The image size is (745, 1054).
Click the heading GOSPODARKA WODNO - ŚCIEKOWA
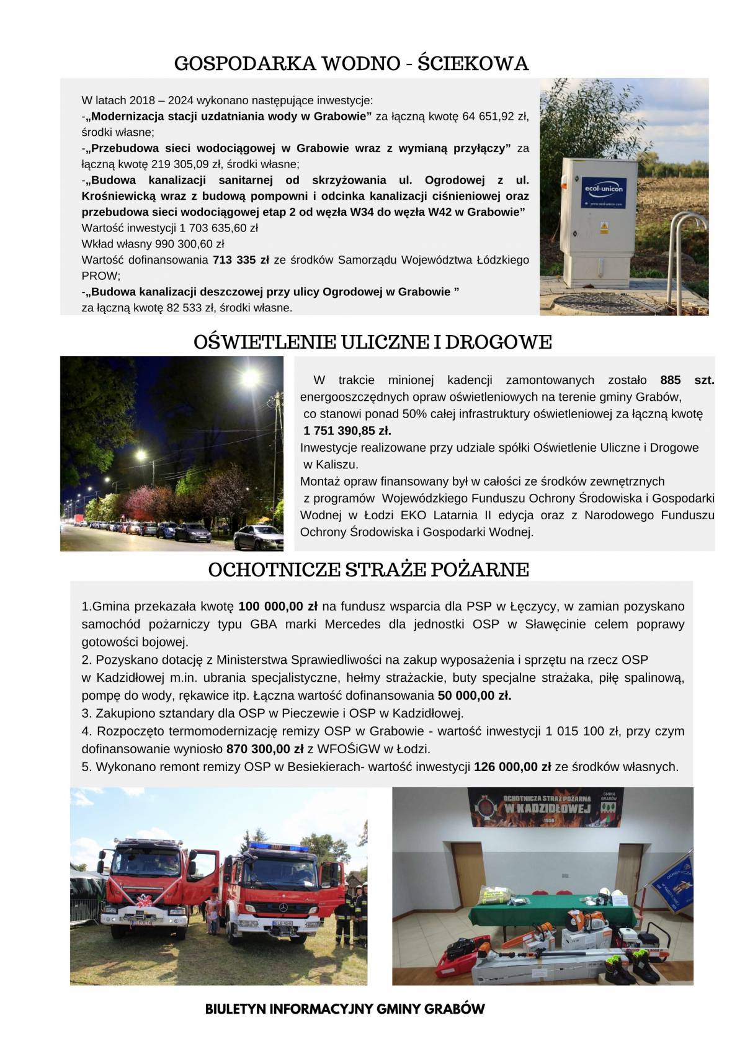click(351, 63)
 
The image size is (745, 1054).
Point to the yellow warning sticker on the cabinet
click(604, 228)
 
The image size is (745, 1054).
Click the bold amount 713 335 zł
click(241, 260)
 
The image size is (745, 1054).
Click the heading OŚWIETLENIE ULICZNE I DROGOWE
click(372, 342)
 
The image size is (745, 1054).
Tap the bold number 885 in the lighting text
click(671, 380)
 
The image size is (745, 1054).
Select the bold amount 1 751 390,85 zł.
click(347, 431)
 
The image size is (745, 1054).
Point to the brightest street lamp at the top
click(250, 377)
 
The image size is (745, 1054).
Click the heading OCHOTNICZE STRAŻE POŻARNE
click(368, 569)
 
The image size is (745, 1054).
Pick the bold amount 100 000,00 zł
click(278, 607)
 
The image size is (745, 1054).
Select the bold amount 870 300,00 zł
click(265, 749)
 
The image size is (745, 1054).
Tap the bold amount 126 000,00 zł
click(512, 767)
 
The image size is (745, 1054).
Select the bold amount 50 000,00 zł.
click(475, 695)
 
